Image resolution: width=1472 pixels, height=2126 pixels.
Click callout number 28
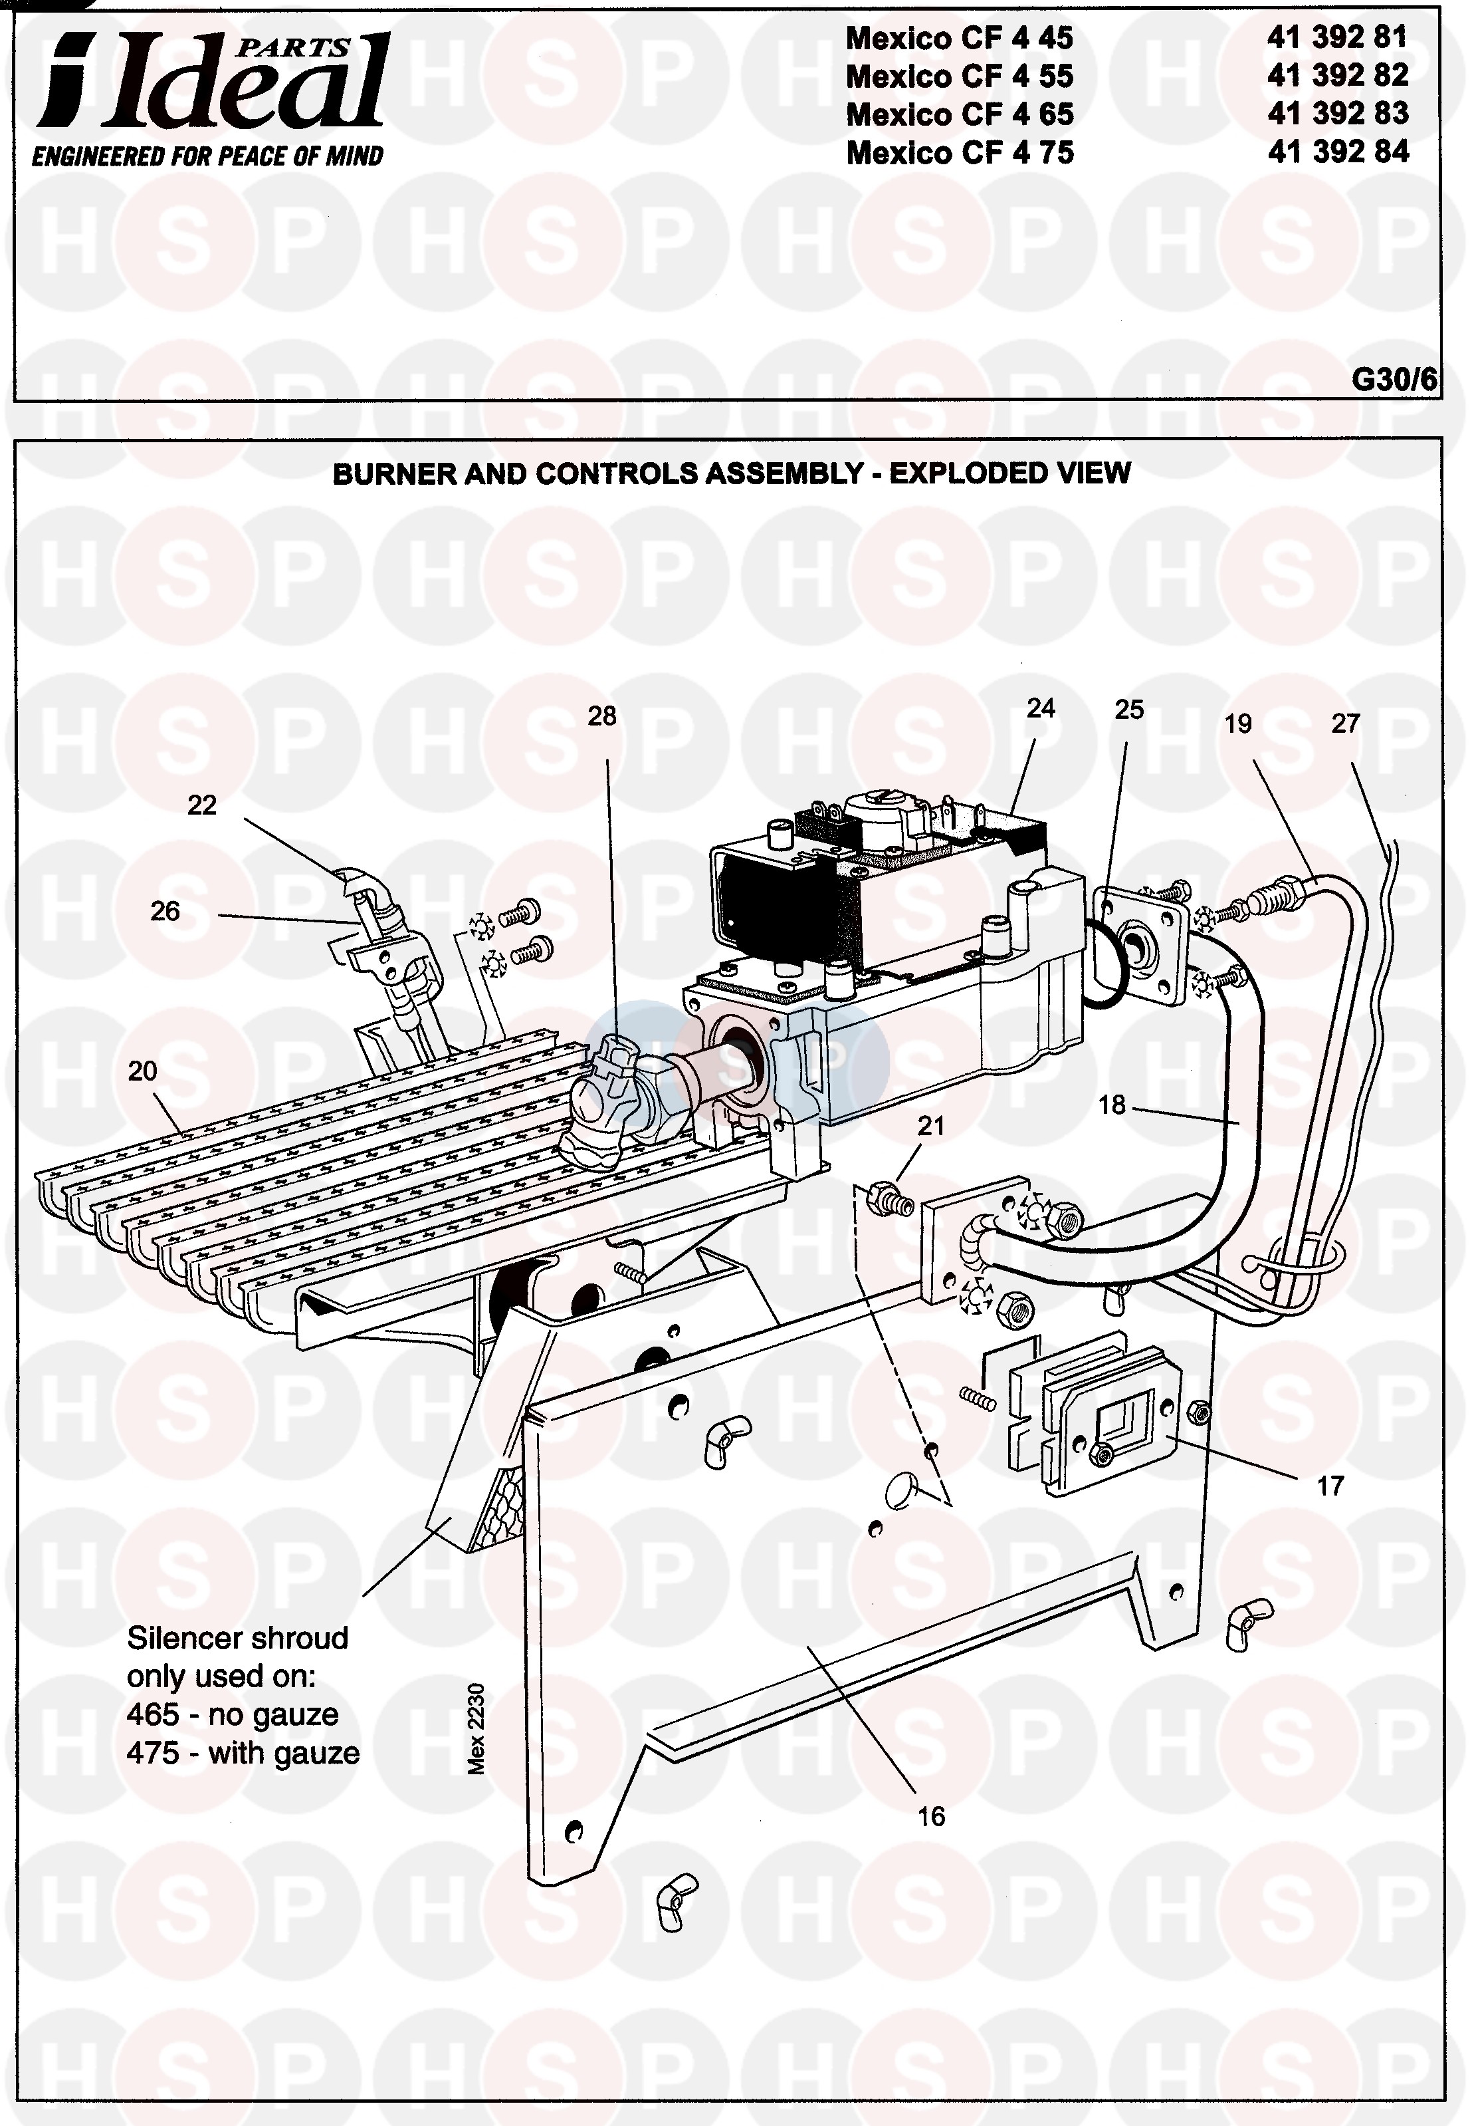(x=601, y=716)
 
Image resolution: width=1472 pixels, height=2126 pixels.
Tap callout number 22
(x=201, y=805)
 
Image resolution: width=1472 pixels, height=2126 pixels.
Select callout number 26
(x=164, y=912)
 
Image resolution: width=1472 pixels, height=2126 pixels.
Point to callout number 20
(x=142, y=1071)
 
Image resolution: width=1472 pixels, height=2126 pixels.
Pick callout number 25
(x=1129, y=710)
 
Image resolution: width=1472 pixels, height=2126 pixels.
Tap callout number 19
(x=1237, y=724)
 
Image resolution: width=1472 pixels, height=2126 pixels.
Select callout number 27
(x=1346, y=724)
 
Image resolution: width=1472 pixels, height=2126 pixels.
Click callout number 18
(x=1112, y=1105)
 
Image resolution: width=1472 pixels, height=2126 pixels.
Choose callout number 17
(x=1330, y=1486)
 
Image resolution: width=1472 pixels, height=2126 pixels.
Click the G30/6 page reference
(x=1394, y=380)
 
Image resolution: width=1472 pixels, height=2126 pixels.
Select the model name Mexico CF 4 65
(x=960, y=114)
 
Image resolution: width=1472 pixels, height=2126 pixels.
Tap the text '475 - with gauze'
(x=243, y=1752)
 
